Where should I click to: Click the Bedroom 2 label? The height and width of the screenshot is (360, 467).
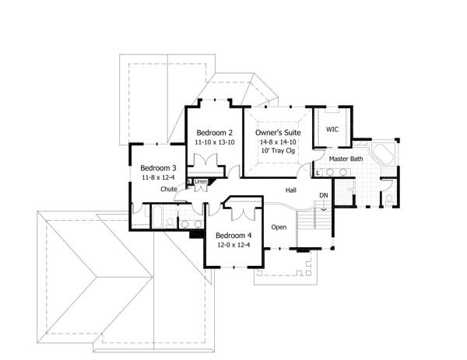(x=214, y=132)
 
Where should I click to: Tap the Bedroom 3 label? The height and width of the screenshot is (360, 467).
(x=158, y=167)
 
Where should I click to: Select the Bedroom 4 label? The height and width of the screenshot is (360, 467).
(x=233, y=236)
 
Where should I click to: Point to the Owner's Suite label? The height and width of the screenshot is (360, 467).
(x=279, y=132)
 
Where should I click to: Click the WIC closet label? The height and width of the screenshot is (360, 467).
(x=332, y=129)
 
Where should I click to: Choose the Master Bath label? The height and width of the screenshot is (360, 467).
(x=346, y=159)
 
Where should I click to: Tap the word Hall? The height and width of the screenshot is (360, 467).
(x=290, y=190)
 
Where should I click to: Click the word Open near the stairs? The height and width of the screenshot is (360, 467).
(x=279, y=227)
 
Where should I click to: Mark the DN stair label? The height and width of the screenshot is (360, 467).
(x=323, y=194)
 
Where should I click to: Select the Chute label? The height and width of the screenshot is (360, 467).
(x=169, y=189)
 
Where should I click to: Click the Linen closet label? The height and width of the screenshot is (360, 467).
(x=200, y=182)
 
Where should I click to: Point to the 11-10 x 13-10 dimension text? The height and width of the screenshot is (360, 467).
(x=214, y=143)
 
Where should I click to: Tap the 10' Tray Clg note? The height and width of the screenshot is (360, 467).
(x=279, y=153)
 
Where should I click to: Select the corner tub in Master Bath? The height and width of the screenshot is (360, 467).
(x=382, y=152)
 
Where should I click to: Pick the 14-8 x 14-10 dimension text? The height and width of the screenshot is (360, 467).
(x=279, y=143)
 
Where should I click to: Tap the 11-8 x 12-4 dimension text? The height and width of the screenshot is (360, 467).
(x=158, y=178)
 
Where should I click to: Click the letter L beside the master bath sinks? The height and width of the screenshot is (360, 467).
(x=318, y=173)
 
